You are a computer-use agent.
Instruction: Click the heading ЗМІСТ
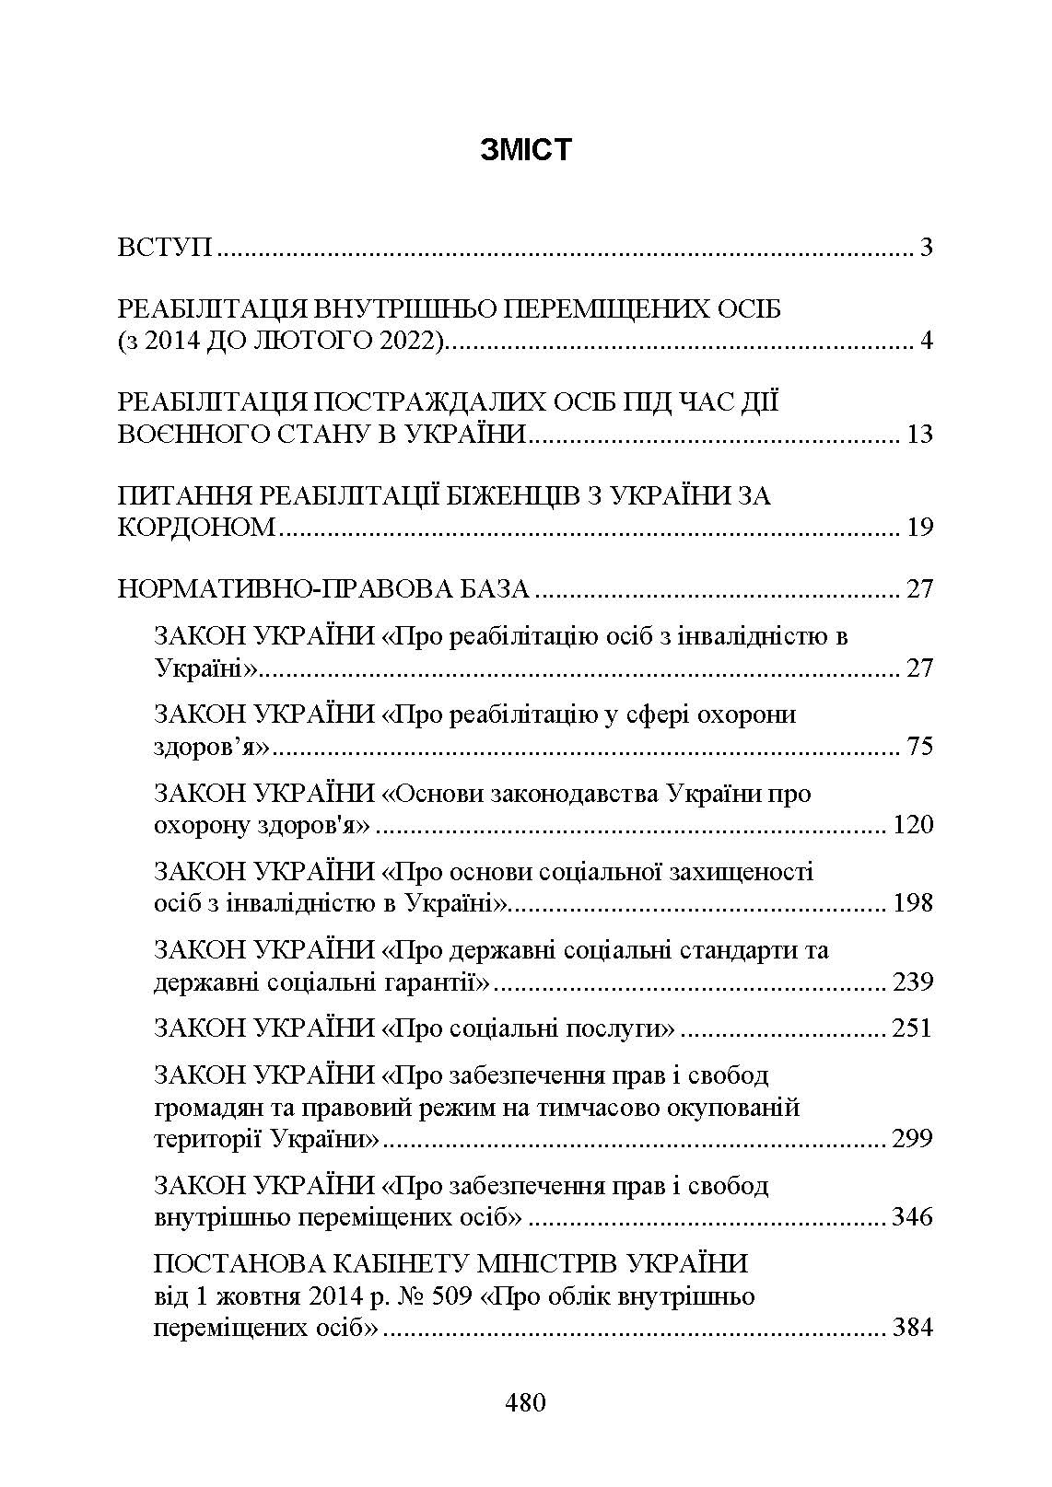(x=525, y=149)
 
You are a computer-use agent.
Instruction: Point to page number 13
(x=919, y=434)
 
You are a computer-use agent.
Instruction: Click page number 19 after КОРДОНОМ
(x=919, y=528)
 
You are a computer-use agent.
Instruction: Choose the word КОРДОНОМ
(x=197, y=528)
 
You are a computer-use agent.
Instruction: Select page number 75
(x=919, y=745)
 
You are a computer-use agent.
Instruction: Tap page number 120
(x=913, y=824)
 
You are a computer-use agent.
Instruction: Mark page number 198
(x=913, y=902)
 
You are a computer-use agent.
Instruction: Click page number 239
(x=913, y=982)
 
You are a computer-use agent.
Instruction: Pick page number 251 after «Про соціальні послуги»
(x=912, y=1028)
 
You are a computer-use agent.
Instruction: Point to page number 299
(x=913, y=1139)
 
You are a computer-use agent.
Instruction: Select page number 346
(x=913, y=1217)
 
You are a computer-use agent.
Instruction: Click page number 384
(x=913, y=1328)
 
